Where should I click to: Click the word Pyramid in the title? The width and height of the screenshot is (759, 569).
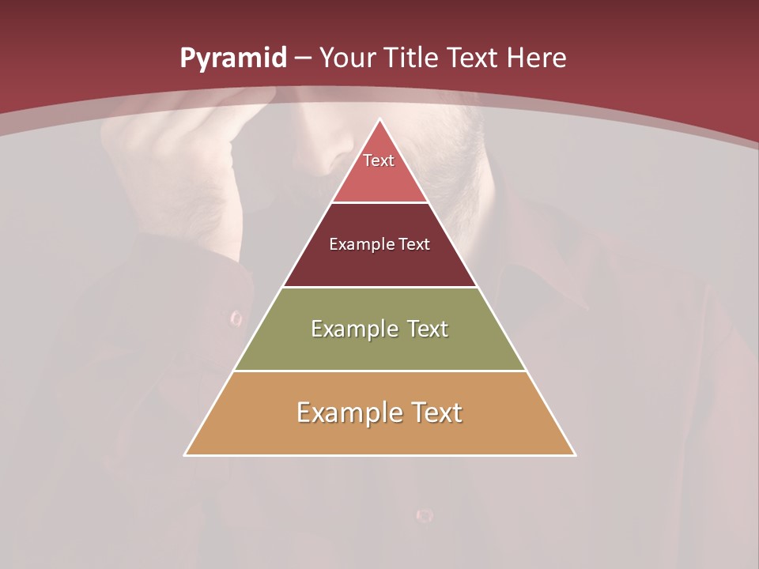coord(232,58)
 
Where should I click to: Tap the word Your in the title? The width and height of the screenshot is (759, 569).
coord(347,58)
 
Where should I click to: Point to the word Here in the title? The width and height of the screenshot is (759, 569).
coord(536,58)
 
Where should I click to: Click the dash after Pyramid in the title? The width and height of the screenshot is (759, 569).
coord(302,58)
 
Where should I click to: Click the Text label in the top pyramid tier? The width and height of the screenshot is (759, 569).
coord(379,160)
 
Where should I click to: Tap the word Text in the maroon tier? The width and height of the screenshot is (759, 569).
coord(414,244)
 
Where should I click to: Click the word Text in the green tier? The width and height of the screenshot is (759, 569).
coord(428,329)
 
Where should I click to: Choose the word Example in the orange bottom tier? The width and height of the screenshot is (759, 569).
coord(348,413)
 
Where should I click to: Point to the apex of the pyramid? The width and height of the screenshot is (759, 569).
coord(379,119)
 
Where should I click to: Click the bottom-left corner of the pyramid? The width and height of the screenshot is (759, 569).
coord(185,455)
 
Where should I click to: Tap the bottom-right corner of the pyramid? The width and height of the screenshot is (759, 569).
coord(575,455)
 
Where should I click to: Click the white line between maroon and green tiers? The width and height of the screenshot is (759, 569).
coord(379,287)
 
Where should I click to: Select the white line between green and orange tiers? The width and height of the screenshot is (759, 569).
coord(379,371)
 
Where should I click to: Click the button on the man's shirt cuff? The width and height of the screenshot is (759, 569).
coord(236,318)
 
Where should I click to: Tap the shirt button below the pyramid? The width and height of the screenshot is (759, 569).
coord(425,515)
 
